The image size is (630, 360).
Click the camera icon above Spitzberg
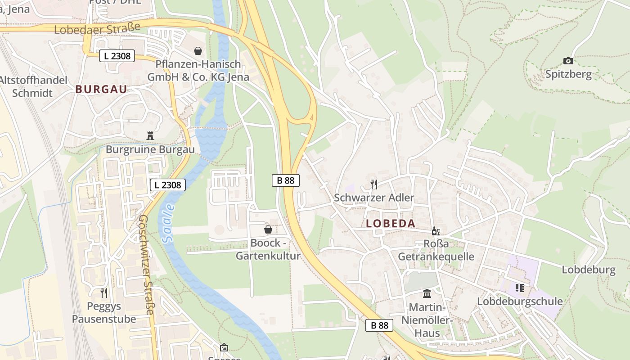pos(568,61)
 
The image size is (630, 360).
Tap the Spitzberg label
pos(568,74)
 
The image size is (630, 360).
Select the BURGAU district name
pos(101,89)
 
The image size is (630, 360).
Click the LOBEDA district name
pos(391,223)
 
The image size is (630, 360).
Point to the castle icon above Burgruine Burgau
pos(150,136)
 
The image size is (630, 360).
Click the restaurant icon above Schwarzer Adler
pos(373,184)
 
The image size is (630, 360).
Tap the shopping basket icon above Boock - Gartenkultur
pos(268,229)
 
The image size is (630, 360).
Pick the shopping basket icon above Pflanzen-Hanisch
pos(198,50)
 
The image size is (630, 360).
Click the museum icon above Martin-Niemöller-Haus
pos(427,294)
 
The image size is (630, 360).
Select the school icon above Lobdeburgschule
pos(520,288)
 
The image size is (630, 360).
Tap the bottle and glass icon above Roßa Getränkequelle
pos(436,231)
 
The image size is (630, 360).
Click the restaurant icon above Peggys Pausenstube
pos(104,293)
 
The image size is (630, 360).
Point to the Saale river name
pos(168,224)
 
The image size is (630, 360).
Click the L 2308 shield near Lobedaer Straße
pos(117,56)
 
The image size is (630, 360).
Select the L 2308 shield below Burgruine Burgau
pos(167,184)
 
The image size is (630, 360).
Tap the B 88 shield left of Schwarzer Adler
pos(286,180)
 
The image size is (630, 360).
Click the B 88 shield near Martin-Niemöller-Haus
pos(379,325)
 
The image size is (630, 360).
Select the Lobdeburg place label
pos(588,270)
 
